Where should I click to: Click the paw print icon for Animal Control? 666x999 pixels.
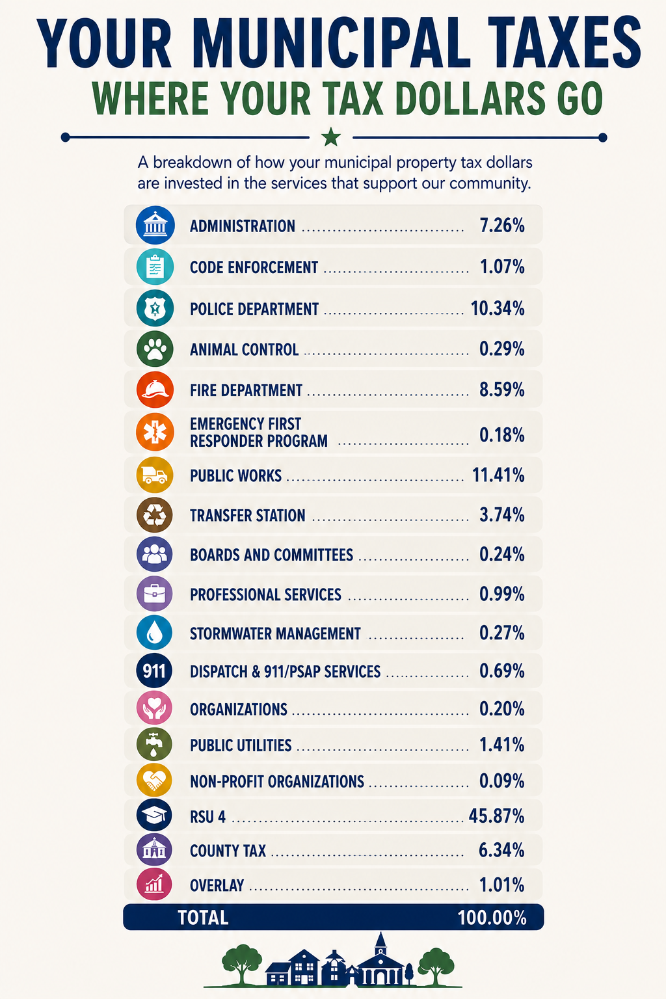click(x=155, y=349)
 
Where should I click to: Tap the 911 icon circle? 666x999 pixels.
click(x=154, y=671)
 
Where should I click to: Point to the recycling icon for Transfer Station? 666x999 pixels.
click(x=154, y=514)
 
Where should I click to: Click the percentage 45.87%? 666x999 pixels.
click(x=496, y=816)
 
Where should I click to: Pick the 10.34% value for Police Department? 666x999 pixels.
click(x=498, y=308)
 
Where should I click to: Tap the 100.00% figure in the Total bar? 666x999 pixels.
click(x=492, y=918)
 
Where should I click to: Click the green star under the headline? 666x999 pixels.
click(x=331, y=137)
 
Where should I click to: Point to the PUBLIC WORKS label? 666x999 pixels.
click(x=235, y=476)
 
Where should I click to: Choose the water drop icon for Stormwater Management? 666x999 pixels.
click(x=154, y=632)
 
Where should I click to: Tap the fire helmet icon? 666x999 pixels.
click(x=155, y=390)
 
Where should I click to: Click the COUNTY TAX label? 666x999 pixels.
click(x=228, y=851)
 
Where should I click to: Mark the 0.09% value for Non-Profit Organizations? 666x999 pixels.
click(x=502, y=780)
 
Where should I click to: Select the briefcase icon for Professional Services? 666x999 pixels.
click(x=154, y=594)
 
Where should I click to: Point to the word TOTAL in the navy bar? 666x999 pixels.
click(x=203, y=918)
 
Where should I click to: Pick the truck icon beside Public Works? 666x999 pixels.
click(x=154, y=475)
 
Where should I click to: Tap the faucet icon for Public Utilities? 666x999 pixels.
click(x=154, y=744)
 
